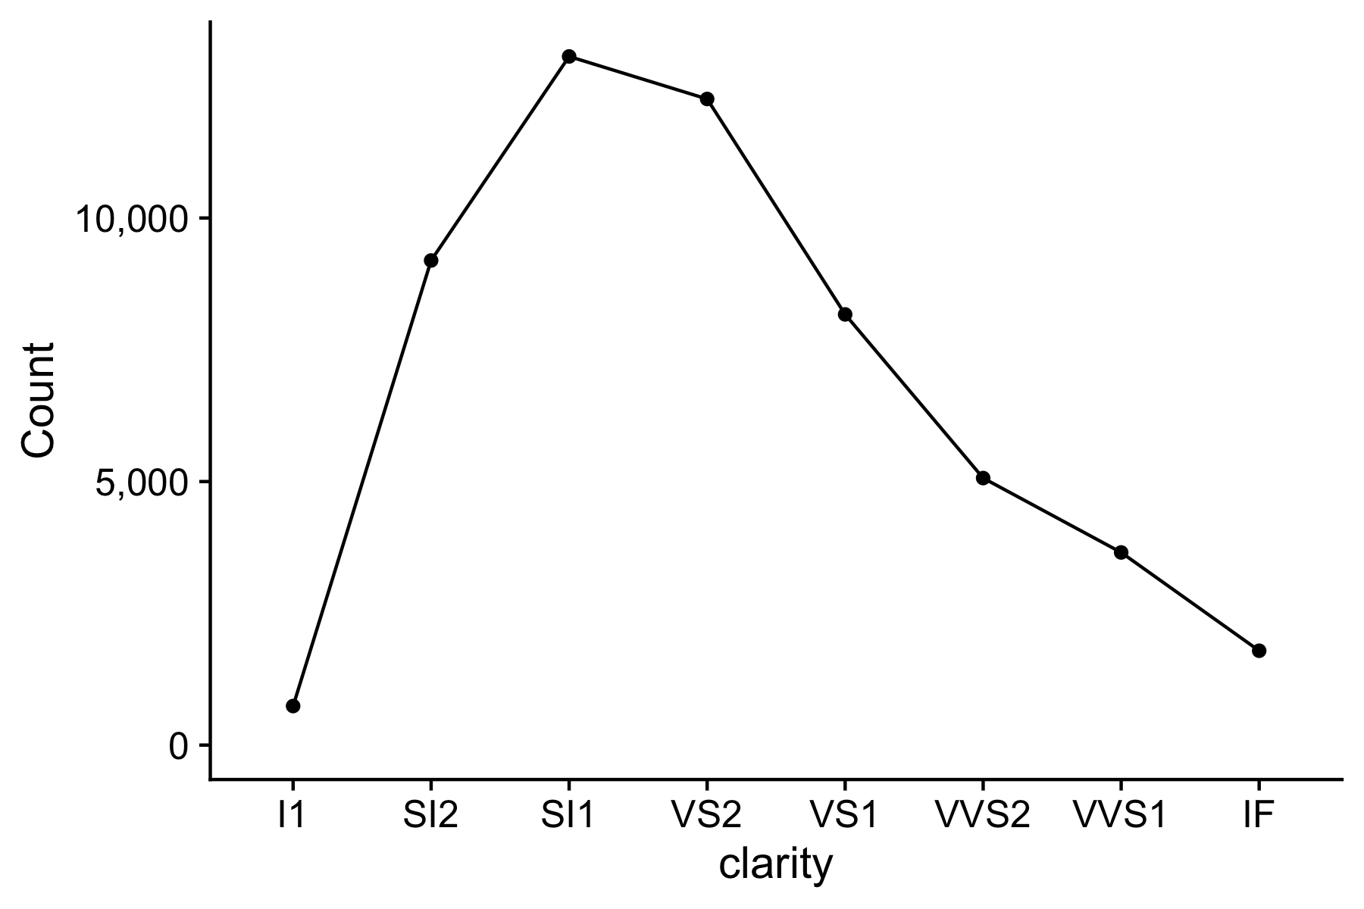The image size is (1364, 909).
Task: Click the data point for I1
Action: point(293,706)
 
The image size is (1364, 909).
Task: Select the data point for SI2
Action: point(430,261)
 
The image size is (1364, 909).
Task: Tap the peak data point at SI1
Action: point(569,56)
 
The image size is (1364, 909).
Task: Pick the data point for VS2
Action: point(707,98)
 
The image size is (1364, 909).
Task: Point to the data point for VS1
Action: point(845,314)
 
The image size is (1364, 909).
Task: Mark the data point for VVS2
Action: point(983,478)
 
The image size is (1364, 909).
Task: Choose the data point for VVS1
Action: point(1121,552)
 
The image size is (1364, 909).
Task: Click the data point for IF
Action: point(1259,651)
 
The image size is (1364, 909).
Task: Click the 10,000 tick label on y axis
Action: point(130,220)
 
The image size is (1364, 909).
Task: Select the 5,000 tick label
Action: point(141,483)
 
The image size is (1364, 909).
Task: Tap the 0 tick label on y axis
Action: point(178,746)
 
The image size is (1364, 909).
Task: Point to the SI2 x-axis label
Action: point(430,816)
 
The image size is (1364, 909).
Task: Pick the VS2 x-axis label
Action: point(707,816)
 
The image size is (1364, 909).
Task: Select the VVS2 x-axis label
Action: point(983,816)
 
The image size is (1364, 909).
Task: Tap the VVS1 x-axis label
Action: point(1121,816)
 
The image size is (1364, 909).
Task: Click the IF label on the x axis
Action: point(1259,816)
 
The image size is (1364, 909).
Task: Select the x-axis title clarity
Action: point(775,866)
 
